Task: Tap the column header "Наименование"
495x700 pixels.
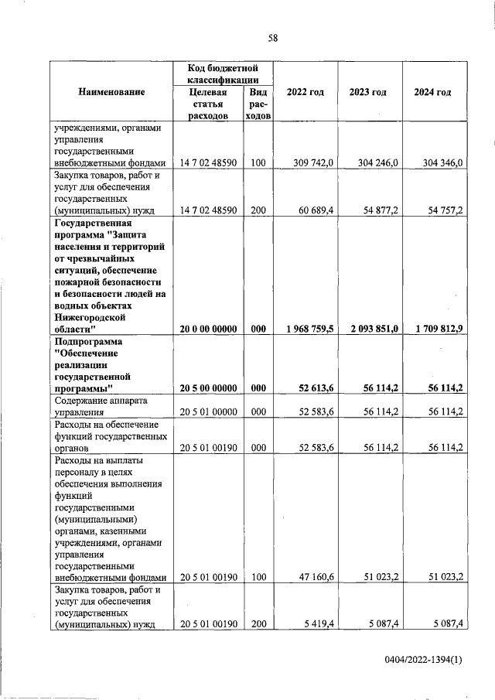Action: pos(111,93)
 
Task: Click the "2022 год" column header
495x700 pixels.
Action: pos(305,93)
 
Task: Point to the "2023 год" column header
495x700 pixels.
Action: pos(367,93)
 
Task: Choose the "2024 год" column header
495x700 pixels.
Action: pos(432,93)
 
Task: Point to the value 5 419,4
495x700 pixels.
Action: pos(318,623)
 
